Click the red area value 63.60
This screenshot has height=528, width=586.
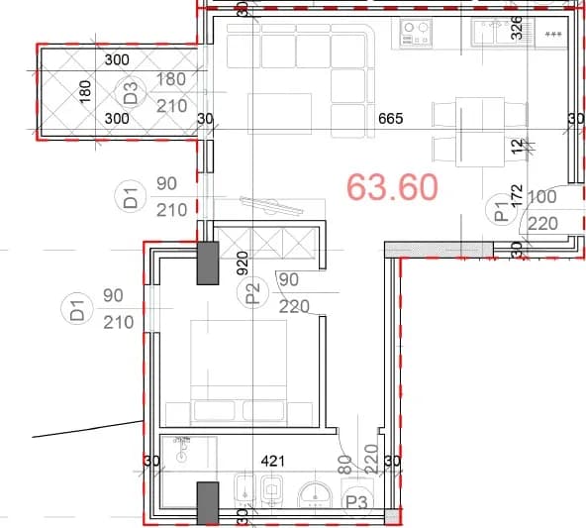[x=392, y=186]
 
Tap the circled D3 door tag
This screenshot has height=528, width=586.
[x=131, y=93]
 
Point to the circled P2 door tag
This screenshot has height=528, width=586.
[x=253, y=292]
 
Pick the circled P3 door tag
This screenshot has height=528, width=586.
[x=357, y=502]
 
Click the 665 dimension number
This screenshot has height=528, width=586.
[x=391, y=119]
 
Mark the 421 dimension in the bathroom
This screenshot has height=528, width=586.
[x=273, y=461]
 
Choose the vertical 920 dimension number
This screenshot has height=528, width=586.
[x=243, y=264]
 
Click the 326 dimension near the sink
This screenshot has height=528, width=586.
[x=517, y=28]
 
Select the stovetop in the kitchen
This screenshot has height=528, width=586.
[x=416, y=33]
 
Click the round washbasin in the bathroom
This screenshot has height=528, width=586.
[x=315, y=494]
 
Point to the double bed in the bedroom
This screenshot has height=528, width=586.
[x=239, y=372]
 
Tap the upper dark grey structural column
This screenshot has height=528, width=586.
[x=208, y=263]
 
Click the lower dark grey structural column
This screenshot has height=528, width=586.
[x=208, y=503]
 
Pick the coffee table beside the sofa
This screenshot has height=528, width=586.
[x=279, y=114]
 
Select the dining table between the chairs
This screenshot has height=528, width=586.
[x=480, y=132]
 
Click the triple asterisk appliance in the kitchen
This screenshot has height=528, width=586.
[x=552, y=35]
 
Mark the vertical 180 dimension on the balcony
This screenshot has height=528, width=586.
[x=85, y=91]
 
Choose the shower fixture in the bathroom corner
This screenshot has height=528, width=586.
[x=182, y=448]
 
